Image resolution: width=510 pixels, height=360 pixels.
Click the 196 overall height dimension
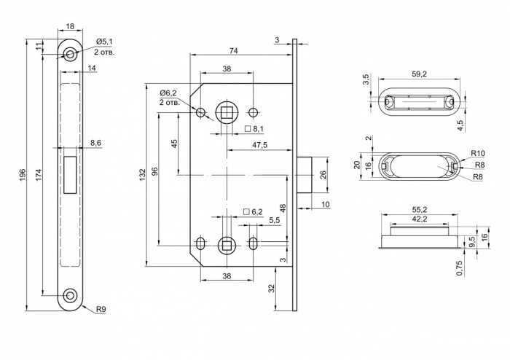[x=23, y=175]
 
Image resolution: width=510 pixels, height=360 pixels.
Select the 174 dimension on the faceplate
[x=39, y=175]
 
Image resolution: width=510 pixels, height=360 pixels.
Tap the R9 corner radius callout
[x=101, y=309]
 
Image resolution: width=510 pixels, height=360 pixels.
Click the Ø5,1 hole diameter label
[x=104, y=42]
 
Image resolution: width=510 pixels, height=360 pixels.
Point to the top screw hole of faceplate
[x=70, y=55]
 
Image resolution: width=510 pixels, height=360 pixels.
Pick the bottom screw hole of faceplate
[x=70, y=295]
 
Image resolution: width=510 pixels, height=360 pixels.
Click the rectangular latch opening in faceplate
[x=71, y=175]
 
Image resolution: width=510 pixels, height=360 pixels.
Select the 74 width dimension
[x=234, y=51]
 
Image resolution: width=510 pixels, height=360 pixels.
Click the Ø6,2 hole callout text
[x=168, y=93]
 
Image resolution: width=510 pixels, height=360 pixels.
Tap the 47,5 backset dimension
[x=259, y=145]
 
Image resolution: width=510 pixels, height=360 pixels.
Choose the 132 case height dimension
[x=143, y=175]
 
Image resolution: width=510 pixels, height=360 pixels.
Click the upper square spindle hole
[x=227, y=112]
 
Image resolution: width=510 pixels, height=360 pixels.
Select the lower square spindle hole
[x=227, y=245]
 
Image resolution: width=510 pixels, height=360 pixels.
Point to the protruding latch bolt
[x=305, y=175]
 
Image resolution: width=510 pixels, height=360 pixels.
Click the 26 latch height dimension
[x=323, y=175]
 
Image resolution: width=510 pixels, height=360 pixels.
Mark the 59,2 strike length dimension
[x=419, y=74]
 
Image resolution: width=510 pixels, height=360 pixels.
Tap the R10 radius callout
[x=478, y=153]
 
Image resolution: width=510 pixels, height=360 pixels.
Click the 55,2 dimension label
[x=419, y=209]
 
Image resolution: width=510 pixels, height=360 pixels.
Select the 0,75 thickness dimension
[x=460, y=268]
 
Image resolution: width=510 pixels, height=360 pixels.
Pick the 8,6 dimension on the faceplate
[x=96, y=143]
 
